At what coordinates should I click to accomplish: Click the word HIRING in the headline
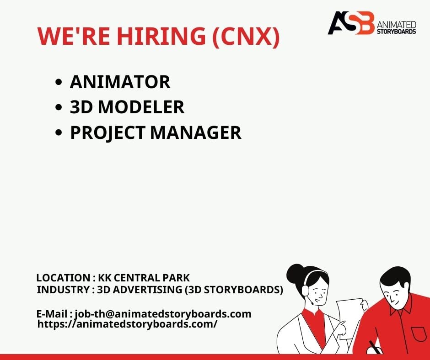(161, 36)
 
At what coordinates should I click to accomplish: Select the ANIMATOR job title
(120, 82)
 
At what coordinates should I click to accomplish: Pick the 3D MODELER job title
(127, 107)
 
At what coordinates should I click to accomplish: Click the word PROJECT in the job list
(107, 133)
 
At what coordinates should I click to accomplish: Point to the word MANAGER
(196, 132)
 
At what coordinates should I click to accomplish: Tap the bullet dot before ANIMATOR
(59, 82)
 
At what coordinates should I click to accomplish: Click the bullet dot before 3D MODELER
(59, 107)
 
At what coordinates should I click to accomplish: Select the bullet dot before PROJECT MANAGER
(59, 132)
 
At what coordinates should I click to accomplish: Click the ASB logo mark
(351, 23)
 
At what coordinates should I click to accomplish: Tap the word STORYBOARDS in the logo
(396, 31)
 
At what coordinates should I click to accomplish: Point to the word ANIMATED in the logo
(396, 24)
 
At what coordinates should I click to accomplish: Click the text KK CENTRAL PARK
(144, 278)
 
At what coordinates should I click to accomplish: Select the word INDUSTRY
(63, 290)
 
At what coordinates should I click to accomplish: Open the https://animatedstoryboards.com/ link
(127, 324)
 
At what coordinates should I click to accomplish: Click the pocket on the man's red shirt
(419, 334)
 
